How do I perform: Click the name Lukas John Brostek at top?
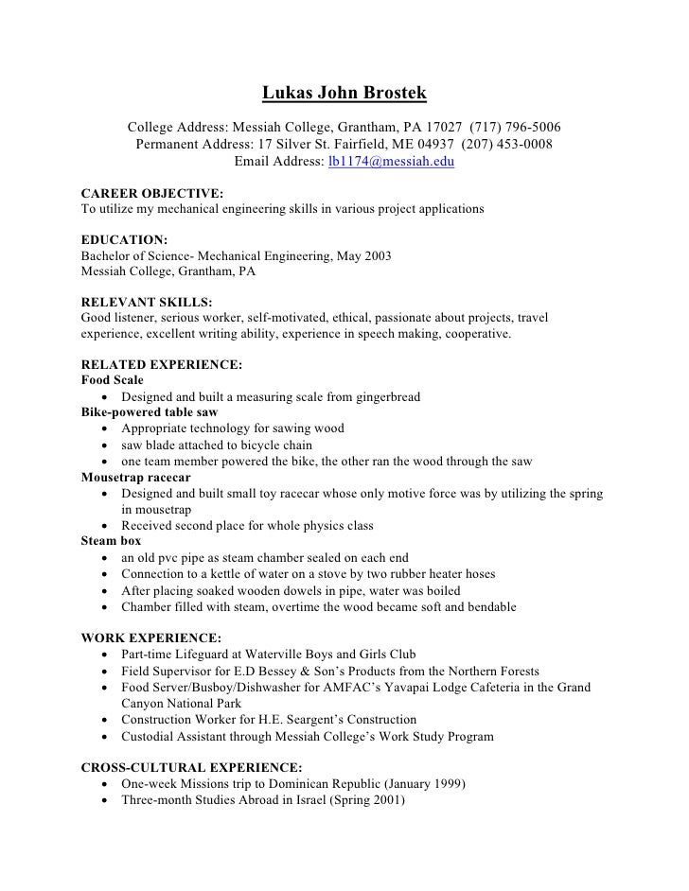pyautogui.click(x=344, y=94)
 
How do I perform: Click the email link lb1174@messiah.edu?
pyautogui.click(x=391, y=162)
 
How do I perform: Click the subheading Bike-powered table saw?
pyautogui.click(x=150, y=412)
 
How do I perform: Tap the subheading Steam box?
pyautogui.click(x=112, y=542)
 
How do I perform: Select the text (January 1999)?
pyautogui.click(x=417, y=784)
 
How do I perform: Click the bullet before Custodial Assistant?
pyautogui.click(x=102, y=737)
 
